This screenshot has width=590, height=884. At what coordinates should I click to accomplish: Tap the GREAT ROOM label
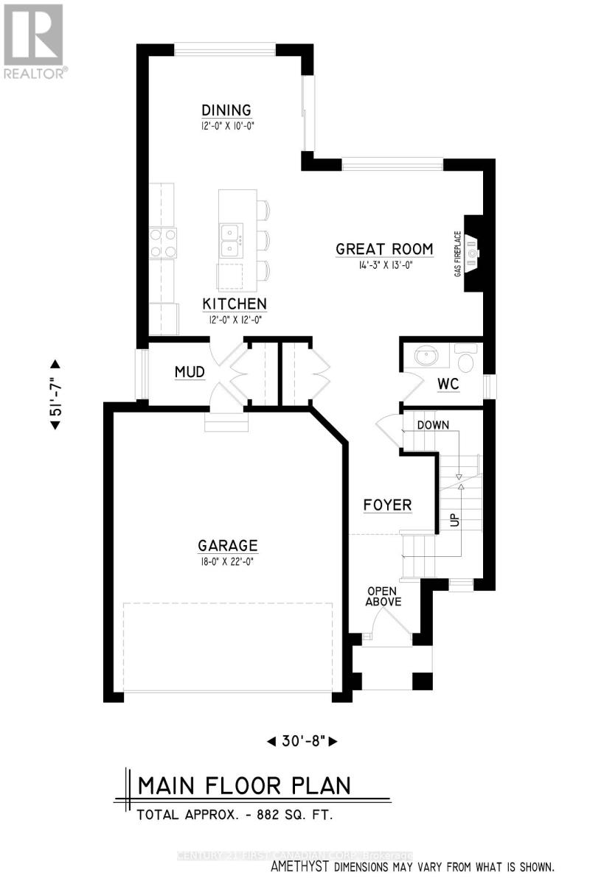tap(383, 249)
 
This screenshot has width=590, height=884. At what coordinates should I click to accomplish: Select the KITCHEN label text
tap(235, 304)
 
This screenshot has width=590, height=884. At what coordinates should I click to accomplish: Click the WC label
tap(448, 384)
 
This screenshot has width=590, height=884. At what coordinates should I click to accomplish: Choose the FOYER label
tap(387, 505)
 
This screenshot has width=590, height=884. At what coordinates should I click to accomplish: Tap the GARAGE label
tap(227, 546)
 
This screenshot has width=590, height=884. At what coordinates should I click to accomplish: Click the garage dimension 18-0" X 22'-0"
tap(227, 561)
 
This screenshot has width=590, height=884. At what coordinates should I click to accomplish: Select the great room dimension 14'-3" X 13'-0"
tap(383, 265)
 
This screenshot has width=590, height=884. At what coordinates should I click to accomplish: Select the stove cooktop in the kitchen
tap(164, 242)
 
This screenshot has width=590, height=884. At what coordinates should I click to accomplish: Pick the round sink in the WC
tap(428, 358)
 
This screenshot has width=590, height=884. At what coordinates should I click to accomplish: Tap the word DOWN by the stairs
tap(433, 425)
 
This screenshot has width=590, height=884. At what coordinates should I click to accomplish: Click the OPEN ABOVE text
tap(384, 596)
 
